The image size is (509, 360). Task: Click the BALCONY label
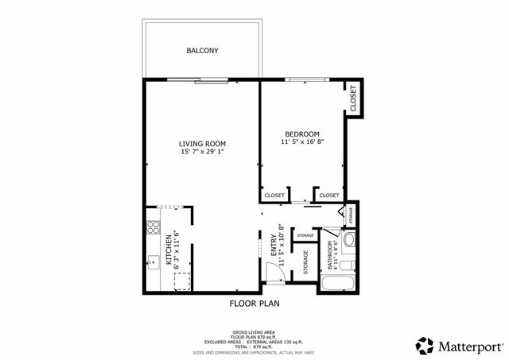point(202,51)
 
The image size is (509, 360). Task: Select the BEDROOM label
point(302,134)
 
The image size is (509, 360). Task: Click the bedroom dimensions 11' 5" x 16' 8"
point(302,142)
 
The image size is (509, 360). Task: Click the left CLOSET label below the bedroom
point(274,195)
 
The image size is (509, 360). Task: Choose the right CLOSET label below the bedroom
point(329,195)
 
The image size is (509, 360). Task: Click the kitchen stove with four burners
point(152,230)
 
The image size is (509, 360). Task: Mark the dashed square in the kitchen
point(182,281)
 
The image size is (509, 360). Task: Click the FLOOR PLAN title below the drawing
point(254,304)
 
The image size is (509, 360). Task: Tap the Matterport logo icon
point(425,346)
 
